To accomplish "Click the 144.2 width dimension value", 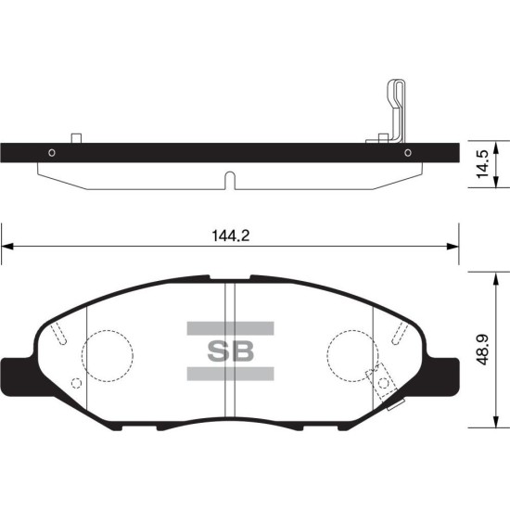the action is [x=231, y=236].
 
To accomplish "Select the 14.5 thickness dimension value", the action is [x=483, y=164].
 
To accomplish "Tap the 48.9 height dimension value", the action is [x=483, y=350].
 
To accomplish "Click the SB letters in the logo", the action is [x=230, y=351].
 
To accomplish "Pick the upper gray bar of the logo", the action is [x=230, y=328].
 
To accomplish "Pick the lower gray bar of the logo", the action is [x=230, y=374].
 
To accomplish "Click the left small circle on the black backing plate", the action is [x=52, y=153].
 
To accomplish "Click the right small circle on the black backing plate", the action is [x=408, y=153].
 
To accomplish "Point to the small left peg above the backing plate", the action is [x=76, y=138].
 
